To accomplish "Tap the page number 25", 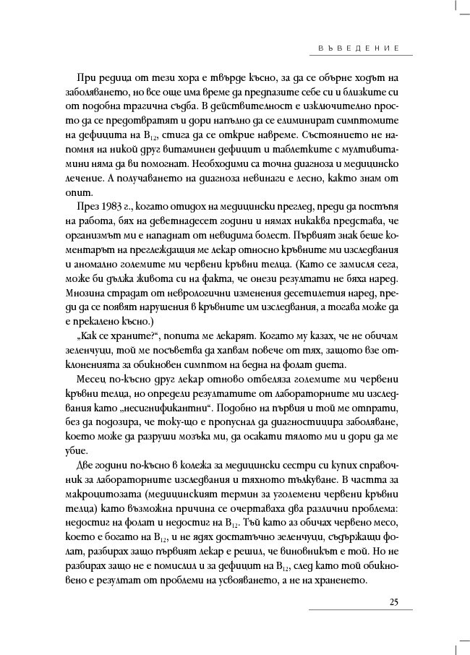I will [x=394, y=602].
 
